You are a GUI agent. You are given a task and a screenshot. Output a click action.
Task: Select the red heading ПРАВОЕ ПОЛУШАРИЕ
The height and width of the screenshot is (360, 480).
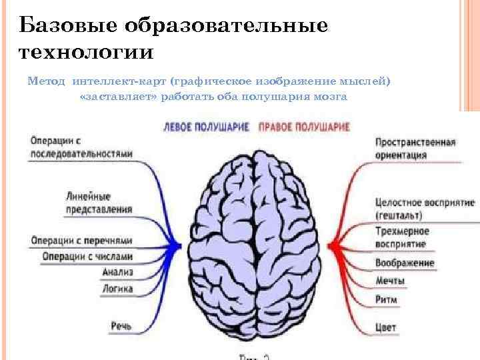click(304, 126)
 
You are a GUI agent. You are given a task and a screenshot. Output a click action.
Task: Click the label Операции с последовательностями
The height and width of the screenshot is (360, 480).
click(81, 147)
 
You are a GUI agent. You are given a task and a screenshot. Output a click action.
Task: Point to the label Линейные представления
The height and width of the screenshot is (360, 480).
click(98, 203)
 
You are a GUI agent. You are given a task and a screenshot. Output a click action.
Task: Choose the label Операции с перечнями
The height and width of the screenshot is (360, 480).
click(81, 240)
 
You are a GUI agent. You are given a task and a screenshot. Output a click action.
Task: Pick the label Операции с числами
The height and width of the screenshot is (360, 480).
click(87, 256)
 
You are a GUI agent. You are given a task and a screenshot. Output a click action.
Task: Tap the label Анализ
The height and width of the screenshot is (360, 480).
click(118, 272)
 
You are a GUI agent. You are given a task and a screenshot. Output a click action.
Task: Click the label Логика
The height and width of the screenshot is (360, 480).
click(117, 289)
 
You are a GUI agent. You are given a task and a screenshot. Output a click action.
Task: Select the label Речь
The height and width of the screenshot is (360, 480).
click(121, 325)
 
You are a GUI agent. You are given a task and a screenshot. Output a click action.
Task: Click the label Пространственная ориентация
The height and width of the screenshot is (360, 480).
click(415, 149)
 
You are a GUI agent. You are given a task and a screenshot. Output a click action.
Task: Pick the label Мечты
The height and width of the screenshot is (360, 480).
click(390, 281)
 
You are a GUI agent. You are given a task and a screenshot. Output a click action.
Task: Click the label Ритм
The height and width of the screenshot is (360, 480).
click(386, 299)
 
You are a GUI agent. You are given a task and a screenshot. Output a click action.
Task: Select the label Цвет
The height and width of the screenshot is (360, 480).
click(386, 327)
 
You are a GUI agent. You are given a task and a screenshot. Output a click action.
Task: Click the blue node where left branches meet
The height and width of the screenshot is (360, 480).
click(177, 246)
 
